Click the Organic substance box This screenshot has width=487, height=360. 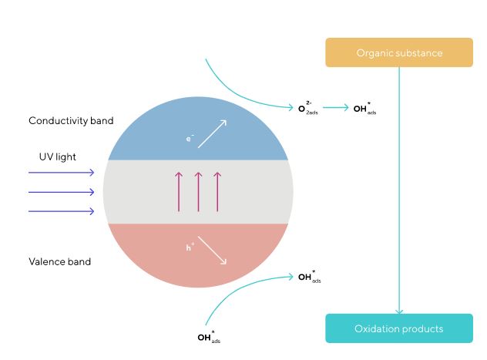point(399,52)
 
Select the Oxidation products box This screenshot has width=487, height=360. point(399,328)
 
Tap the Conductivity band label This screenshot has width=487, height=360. point(71,121)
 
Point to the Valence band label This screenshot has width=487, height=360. point(59,261)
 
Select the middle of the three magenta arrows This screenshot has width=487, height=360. point(198,191)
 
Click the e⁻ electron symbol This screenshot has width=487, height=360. point(190,139)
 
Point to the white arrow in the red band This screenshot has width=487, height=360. point(213,251)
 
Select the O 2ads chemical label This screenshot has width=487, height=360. point(307,109)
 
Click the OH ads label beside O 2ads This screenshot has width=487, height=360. point(364,109)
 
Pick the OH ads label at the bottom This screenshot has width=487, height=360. point(209,337)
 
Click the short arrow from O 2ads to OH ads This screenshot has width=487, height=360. point(335,108)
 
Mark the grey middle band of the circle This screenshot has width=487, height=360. point(254,191)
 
